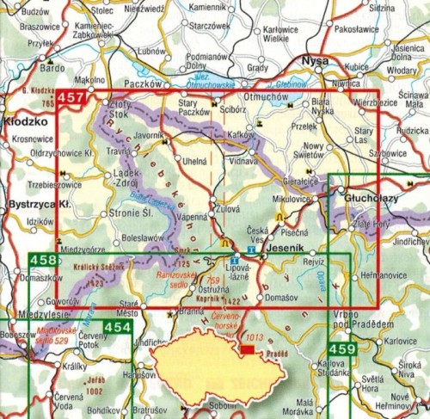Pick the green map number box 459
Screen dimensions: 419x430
click(x=341, y=350)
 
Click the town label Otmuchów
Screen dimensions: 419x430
click(x=267, y=96)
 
